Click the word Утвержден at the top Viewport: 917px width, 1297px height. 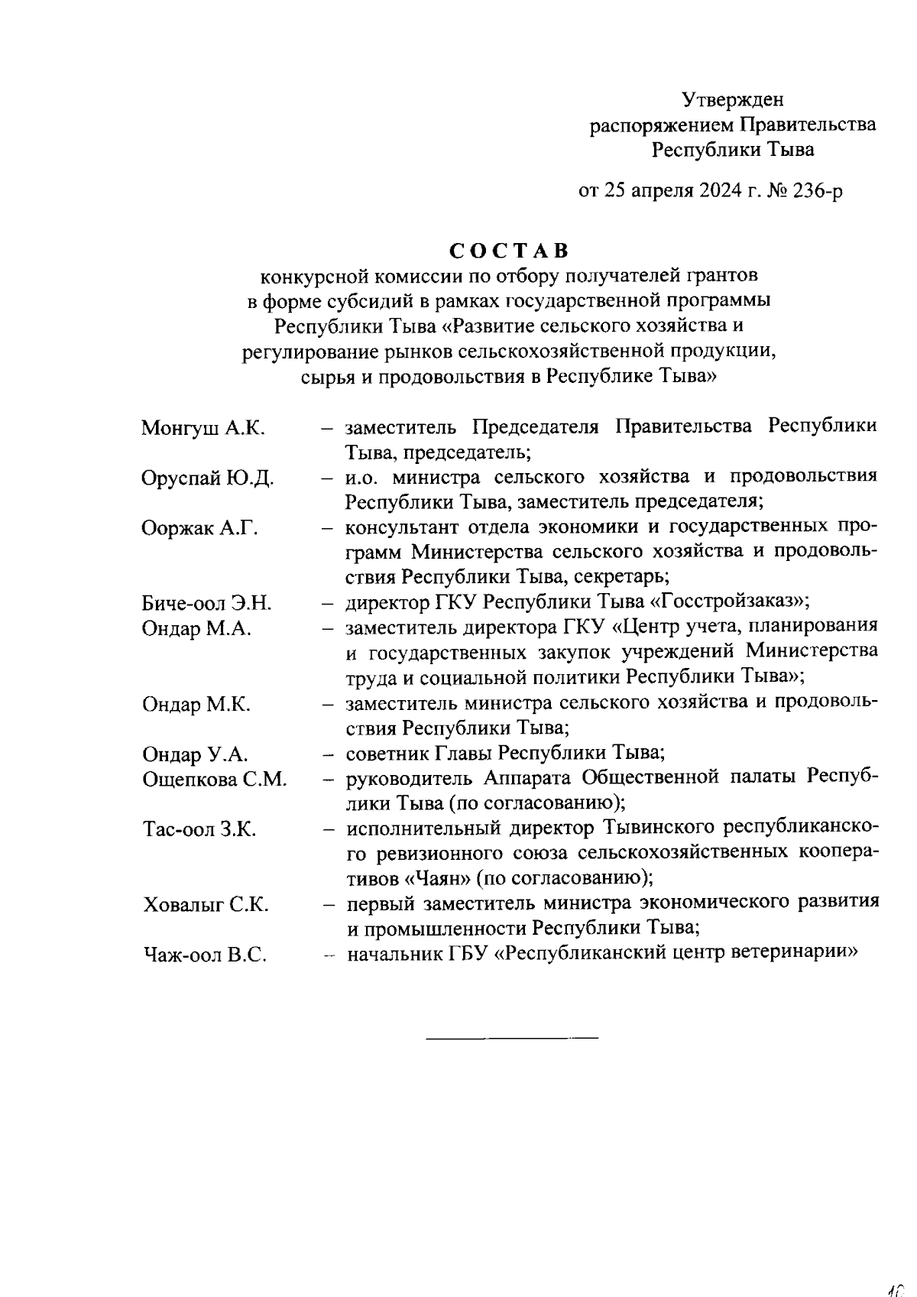[732, 99]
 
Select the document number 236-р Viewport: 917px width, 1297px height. [815, 190]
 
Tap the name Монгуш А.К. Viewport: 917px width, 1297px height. [203, 428]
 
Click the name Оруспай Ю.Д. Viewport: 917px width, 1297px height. [207, 479]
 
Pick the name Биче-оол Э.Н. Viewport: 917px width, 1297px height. [206, 604]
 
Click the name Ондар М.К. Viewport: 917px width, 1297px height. [196, 705]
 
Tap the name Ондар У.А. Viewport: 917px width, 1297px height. [196, 755]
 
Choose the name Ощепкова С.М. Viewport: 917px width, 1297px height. [214, 780]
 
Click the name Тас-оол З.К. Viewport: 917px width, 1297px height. [199, 829]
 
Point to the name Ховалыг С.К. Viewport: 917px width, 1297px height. [206, 906]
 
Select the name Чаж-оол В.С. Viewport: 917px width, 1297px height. [205, 955]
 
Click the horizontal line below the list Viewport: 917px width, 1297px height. [511, 1038]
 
